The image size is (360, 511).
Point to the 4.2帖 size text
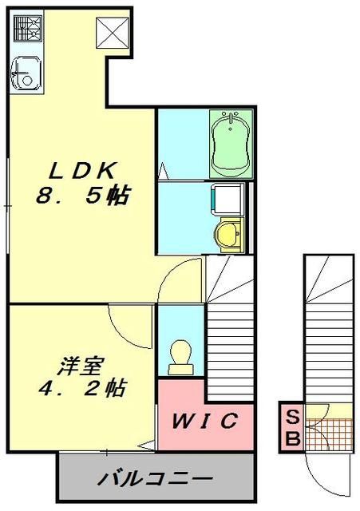[83, 390]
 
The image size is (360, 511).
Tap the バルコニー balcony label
[155, 480]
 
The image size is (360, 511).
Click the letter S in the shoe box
[292, 418]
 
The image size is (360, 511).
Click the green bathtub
[231, 143]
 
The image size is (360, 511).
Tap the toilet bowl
[180, 356]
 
